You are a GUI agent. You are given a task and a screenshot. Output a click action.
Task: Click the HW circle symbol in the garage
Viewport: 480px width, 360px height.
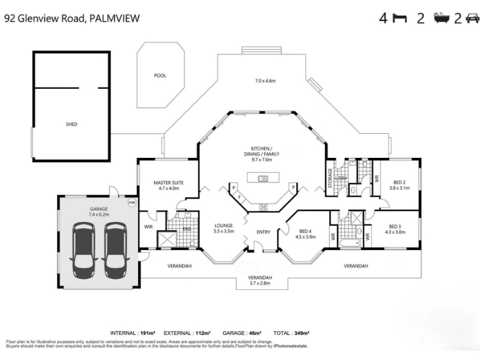pyautogui.click(x=132, y=202)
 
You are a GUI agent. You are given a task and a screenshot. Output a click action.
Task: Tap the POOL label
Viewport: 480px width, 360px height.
pyautogui.click(x=160, y=76)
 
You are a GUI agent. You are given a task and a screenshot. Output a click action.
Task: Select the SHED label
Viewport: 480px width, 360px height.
pyautogui.click(x=71, y=124)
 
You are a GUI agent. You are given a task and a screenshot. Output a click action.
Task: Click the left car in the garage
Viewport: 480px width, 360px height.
pyautogui.click(x=83, y=250)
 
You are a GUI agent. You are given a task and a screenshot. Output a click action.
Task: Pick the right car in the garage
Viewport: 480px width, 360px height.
pyautogui.click(x=115, y=250)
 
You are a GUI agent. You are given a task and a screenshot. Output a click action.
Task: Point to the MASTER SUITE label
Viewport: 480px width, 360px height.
pyautogui.click(x=169, y=182)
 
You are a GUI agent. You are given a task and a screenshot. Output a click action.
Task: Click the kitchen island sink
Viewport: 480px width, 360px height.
pyautogui.click(x=263, y=178)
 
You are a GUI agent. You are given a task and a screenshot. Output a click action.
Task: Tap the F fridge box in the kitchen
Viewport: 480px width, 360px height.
pyautogui.click(x=239, y=197)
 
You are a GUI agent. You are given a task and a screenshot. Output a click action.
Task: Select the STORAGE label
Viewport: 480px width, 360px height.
pyautogui.click(x=330, y=178)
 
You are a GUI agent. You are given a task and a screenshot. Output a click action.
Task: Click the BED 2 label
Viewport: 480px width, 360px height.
pyautogui.click(x=400, y=182)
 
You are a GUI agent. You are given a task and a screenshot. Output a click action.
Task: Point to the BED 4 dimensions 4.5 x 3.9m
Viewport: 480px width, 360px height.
pyautogui.click(x=305, y=236)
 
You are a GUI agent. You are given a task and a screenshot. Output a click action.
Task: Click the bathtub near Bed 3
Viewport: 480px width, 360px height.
pyautogui.click(x=350, y=244)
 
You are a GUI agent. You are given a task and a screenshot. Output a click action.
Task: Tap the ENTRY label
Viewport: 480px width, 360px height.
pyautogui.click(x=263, y=232)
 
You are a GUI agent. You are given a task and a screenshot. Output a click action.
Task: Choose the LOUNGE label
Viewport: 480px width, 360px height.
pyautogui.click(x=224, y=226)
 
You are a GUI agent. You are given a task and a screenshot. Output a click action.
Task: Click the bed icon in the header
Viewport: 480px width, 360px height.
pyautogui.click(x=400, y=19)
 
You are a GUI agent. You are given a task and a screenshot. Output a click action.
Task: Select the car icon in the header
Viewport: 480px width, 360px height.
pyautogui.click(x=472, y=19)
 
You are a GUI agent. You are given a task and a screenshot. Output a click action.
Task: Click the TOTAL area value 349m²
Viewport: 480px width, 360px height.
pyautogui.click(x=302, y=333)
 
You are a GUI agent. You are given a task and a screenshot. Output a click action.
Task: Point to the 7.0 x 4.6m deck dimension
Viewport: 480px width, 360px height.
pyautogui.click(x=265, y=81)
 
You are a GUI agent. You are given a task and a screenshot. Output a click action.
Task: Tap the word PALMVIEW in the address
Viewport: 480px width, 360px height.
pyautogui.click(x=115, y=18)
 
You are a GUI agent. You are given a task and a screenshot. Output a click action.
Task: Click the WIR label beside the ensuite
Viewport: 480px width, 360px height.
pyautogui.click(x=148, y=227)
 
